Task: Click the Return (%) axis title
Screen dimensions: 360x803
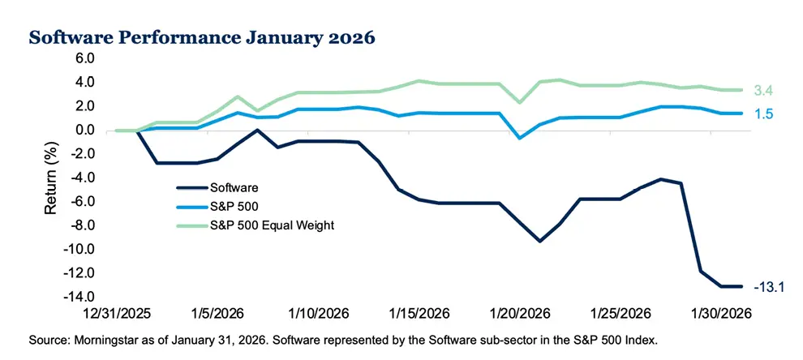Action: coord(50,178)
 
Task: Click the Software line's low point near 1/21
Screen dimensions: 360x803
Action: coord(539,241)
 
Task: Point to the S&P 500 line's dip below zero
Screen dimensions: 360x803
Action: coord(520,138)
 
